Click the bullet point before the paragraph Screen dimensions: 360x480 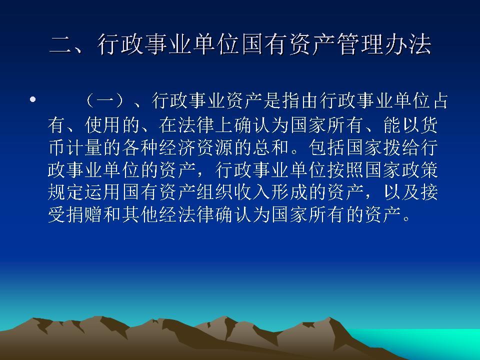pos(33,100)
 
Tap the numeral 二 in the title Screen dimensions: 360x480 pos(61,45)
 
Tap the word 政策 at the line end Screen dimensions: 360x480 pos(423,170)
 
